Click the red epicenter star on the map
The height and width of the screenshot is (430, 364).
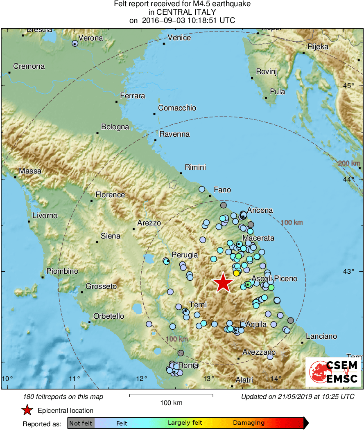(224, 283)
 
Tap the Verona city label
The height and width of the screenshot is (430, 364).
(90, 38)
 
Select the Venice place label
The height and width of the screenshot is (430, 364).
(179, 38)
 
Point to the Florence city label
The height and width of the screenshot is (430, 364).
(110, 195)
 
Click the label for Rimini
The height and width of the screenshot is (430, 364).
(195, 167)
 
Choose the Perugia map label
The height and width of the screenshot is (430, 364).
(185, 254)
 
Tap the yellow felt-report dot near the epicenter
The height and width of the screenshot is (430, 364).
(236, 273)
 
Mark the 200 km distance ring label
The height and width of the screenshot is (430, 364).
(349, 164)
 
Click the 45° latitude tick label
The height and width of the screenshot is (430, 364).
(349, 86)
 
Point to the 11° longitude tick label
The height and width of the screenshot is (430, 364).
(74, 378)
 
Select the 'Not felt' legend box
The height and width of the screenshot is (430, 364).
(81, 423)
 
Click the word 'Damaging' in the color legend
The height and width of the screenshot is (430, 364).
(249, 423)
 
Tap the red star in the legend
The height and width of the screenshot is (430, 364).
(27, 410)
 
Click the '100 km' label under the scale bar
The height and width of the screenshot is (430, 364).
(171, 403)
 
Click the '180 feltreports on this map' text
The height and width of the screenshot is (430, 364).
(63, 396)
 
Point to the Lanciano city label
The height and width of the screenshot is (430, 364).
(321, 336)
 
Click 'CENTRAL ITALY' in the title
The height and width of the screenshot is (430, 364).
(182, 12)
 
